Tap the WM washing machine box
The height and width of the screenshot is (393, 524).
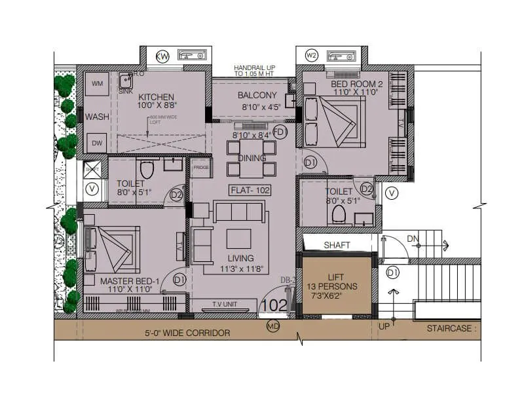[98, 84]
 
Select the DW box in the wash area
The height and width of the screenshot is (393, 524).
[97, 143]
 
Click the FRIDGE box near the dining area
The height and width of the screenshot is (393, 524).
[200, 167]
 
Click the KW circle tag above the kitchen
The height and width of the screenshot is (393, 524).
[162, 56]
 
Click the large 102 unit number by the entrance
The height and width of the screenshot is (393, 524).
[274, 305]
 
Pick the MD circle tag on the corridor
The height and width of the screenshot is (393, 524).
[273, 326]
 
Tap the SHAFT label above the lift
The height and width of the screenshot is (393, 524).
[337, 245]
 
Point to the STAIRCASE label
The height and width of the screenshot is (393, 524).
[452, 328]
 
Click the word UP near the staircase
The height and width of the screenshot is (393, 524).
[384, 326]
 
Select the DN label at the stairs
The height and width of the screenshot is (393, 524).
[412, 239]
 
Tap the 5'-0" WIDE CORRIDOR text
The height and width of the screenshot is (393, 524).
[187, 333]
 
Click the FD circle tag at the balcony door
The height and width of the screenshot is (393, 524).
[280, 132]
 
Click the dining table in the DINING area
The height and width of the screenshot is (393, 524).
[251, 159]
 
